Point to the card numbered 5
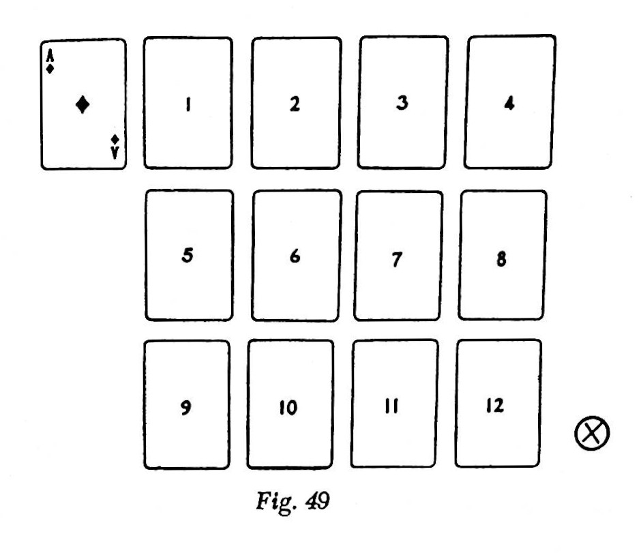(189, 256)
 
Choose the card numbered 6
(296, 256)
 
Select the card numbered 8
(503, 256)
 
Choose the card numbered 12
(498, 404)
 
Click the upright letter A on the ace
(50, 57)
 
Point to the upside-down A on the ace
(115, 153)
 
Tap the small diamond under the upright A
(50, 69)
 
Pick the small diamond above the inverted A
(115, 140)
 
